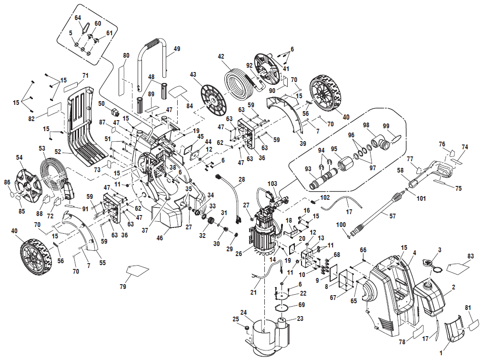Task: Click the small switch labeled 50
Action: (x=114, y=113)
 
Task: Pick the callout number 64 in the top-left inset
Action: (x=78, y=18)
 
